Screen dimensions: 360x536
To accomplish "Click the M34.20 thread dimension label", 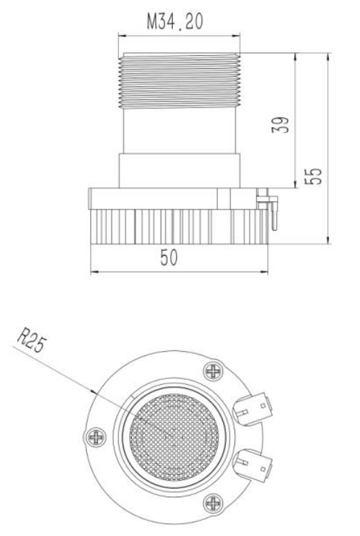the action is tap(175, 21).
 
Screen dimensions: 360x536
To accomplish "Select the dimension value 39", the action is tap(280, 125).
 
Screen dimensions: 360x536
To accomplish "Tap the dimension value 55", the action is tap(313, 176).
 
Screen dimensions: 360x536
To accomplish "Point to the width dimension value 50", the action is tap(169, 257).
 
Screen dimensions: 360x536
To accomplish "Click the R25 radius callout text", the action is tap(32, 340).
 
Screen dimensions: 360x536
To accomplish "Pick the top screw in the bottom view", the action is tap(213, 371).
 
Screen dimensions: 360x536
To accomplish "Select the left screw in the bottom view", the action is tap(95, 437).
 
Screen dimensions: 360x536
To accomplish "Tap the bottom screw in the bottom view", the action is tap(213, 504).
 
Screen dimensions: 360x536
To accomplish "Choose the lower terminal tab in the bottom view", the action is tap(253, 465).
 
